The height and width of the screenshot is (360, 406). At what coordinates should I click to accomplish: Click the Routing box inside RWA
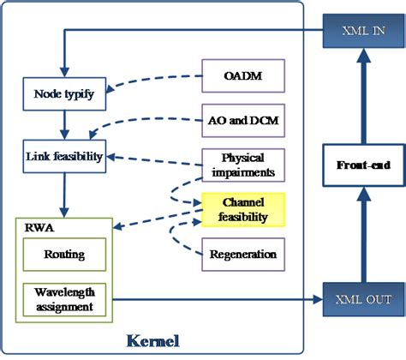tap(64, 254)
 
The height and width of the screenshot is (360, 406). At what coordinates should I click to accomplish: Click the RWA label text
tap(33, 228)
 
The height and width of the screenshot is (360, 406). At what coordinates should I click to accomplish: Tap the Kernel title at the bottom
tap(153, 340)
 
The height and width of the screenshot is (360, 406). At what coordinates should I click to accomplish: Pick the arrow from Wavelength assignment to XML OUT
tap(214, 300)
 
